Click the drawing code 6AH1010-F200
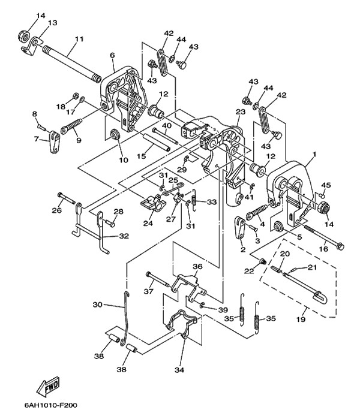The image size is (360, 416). tap(50, 406)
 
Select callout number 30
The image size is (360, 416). tap(98, 305)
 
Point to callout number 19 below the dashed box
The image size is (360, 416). tap(302, 319)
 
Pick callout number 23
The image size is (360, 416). tap(241, 111)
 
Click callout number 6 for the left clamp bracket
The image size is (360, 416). tap(112, 55)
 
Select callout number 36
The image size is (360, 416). tap(197, 267)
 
